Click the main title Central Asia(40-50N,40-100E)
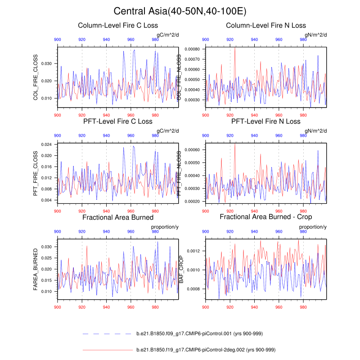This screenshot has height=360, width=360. click(180, 11)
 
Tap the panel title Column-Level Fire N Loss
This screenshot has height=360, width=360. click(266, 26)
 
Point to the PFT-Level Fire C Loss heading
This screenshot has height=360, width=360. click(118, 121)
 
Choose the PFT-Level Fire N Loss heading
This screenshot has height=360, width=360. click(266, 121)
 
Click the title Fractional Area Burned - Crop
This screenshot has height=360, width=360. click(266, 217)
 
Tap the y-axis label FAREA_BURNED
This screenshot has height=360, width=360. click(36, 267)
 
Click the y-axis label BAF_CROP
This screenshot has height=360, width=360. click(181, 267)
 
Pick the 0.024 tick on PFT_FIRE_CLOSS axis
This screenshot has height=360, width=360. click(46, 144)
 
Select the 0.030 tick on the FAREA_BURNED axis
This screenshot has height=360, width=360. click(46, 247)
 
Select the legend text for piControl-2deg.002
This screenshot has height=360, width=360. click(205, 349)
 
